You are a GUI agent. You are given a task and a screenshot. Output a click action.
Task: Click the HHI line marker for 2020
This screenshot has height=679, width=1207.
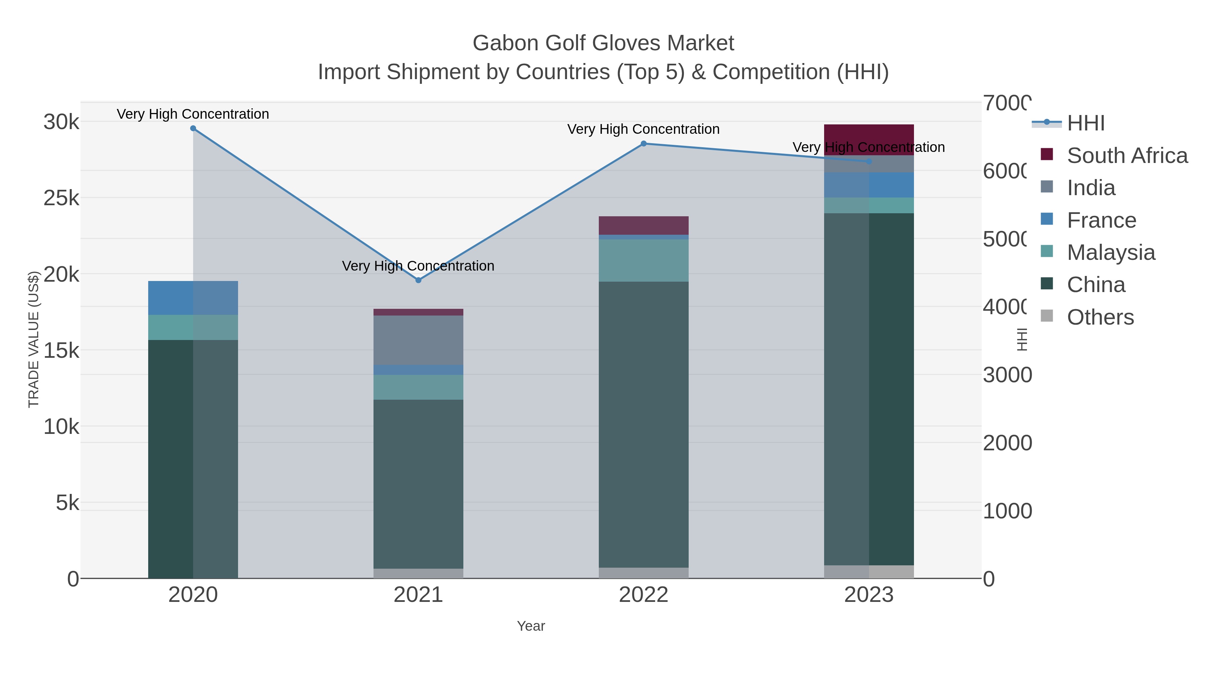click(193, 128)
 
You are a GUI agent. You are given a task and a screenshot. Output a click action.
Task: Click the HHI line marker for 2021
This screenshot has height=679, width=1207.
click(418, 280)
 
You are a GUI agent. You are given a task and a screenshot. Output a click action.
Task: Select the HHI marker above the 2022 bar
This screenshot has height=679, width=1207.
click(643, 144)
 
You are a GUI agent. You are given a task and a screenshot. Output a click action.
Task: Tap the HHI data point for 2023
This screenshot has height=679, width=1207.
click(869, 161)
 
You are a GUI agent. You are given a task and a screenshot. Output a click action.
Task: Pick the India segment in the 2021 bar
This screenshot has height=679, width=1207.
click(418, 340)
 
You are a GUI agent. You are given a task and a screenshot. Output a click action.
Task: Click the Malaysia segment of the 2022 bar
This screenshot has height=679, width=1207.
click(643, 261)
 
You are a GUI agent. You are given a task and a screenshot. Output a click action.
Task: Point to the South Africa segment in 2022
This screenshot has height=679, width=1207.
click(643, 225)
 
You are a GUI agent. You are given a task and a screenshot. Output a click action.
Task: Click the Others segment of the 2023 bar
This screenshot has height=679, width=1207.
click(869, 572)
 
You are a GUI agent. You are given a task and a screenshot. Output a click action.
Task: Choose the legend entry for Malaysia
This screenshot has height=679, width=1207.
click(1110, 252)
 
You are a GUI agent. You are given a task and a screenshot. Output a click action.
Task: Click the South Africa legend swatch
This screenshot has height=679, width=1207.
click(1047, 155)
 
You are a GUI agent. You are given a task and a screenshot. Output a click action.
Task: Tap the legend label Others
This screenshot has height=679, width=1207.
click(1100, 317)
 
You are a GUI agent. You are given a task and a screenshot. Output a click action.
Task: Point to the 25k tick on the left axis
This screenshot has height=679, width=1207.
click(61, 198)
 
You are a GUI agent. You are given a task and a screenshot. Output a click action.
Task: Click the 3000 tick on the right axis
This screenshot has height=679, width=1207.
click(1007, 375)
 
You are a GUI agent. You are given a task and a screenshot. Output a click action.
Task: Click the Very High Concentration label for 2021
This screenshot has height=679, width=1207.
click(418, 266)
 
